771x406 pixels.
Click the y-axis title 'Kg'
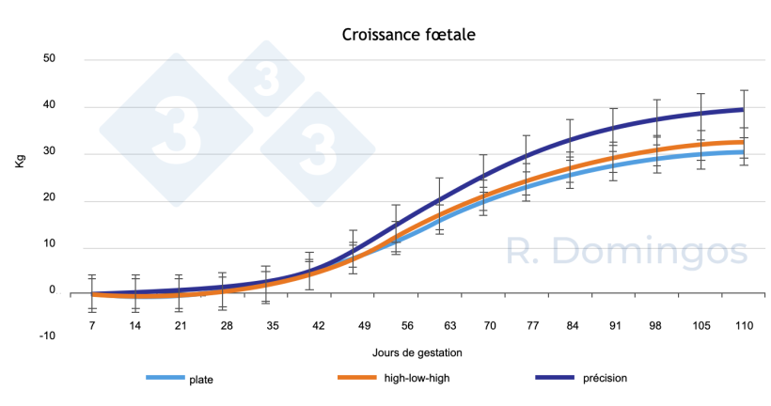click(x=20, y=162)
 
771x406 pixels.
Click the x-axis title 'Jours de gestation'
click(x=416, y=351)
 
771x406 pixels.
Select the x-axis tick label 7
click(x=92, y=325)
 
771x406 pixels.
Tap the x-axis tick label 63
click(x=449, y=325)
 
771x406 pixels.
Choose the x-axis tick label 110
click(x=745, y=325)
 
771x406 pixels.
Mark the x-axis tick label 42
click(x=319, y=325)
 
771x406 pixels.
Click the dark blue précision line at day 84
click(x=569, y=140)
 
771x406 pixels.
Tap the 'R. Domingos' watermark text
click(x=626, y=251)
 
